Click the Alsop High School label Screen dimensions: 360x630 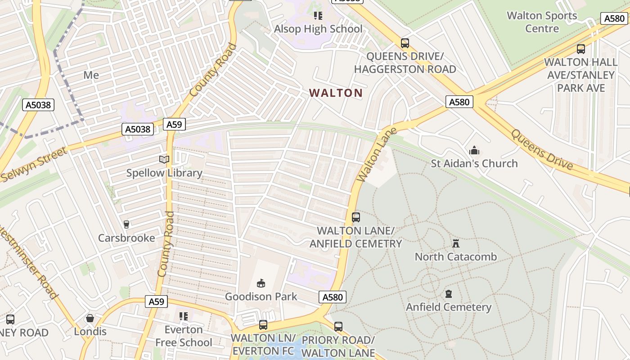(x=318, y=29)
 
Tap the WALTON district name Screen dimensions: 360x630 (x=336, y=93)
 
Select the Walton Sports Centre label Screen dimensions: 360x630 (x=542, y=22)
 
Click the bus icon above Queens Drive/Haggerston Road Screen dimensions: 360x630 (x=405, y=43)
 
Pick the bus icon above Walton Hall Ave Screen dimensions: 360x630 (x=581, y=49)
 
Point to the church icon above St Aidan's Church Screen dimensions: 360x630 (x=474, y=150)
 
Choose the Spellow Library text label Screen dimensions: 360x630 (x=164, y=173)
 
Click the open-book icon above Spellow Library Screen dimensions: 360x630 (x=164, y=159)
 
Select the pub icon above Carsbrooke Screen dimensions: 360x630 (x=126, y=224)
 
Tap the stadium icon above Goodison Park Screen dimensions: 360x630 (x=261, y=283)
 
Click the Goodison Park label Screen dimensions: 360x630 (x=261, y=297)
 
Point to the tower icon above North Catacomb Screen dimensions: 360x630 (x=456, y=243)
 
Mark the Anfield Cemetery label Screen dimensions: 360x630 (x=449, y=307)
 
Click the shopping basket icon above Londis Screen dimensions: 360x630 (x=90, y=319)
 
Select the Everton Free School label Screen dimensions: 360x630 (x=184, y=336)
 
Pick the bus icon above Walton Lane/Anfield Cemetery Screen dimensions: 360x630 (x=356, y=217)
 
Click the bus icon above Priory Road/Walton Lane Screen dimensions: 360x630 (x=338, y=327)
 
